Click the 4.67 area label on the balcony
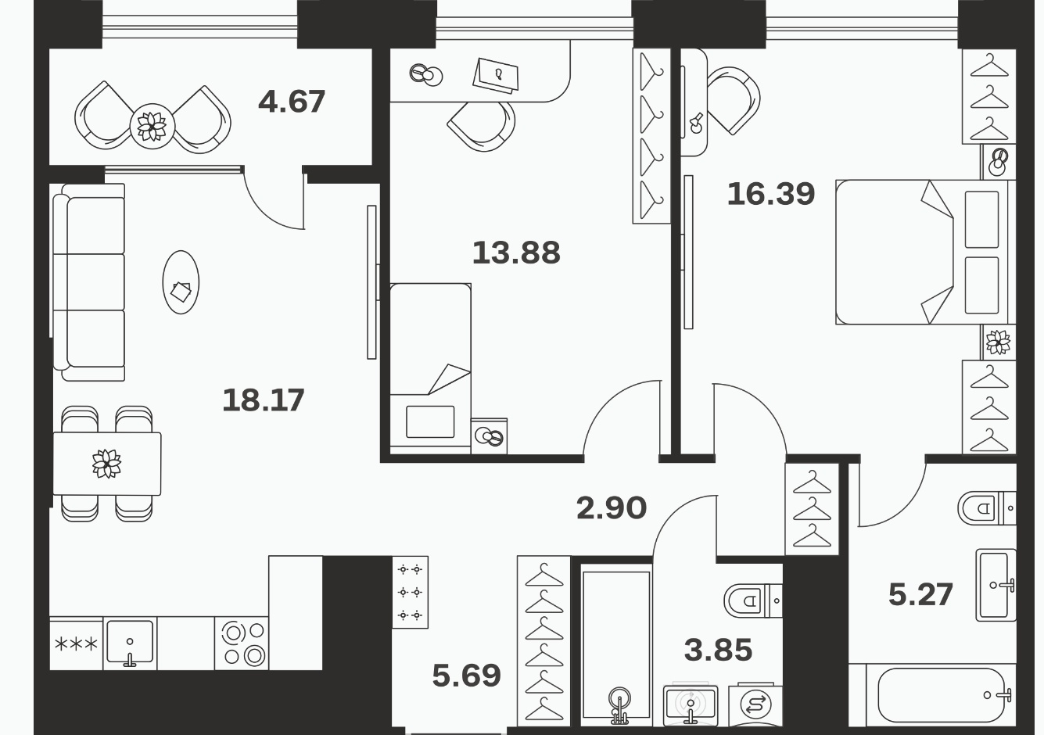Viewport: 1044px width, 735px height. pos(291,102)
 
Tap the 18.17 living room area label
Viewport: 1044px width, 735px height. pos(264,400)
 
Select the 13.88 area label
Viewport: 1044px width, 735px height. pos(516,253)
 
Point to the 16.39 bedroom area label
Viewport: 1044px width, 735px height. pos(771,194)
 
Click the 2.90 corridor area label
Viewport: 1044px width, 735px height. pos(612,508)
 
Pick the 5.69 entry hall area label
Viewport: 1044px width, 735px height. pos(467,676)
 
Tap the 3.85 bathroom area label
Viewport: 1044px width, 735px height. pos(718,651)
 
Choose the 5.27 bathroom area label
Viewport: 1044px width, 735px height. pos(920,595)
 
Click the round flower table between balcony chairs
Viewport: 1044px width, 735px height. pos(152,127)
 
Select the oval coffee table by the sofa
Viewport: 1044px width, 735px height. pos(181,282)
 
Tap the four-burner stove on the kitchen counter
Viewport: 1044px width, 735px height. pos(242,644)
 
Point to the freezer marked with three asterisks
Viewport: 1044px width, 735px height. pos(77,644)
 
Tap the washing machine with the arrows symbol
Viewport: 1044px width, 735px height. pos(755,705)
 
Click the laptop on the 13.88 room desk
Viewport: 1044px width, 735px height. pos(496,76)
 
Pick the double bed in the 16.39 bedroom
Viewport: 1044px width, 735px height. pos(925,252)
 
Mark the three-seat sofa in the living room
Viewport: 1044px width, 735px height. pos(88,282)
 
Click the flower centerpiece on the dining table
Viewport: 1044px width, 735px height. pos(106,464)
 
